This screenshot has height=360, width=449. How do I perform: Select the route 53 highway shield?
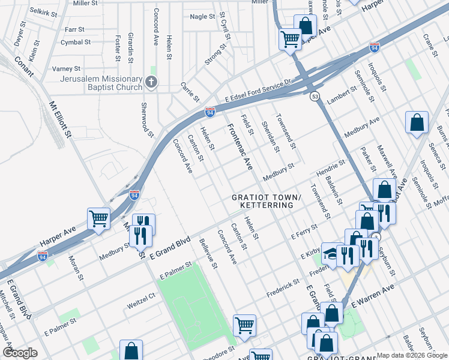click(315, 96)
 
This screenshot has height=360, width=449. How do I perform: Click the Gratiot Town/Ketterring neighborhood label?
click(264, 201)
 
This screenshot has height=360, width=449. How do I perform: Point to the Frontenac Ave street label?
click(240, 148)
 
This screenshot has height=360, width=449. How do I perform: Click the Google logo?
click(20, 353)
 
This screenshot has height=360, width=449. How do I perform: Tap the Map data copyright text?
click(412, 355)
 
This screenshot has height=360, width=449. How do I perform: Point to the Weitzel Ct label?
click(141, 305)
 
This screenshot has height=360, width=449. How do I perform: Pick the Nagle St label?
click(202, 17)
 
